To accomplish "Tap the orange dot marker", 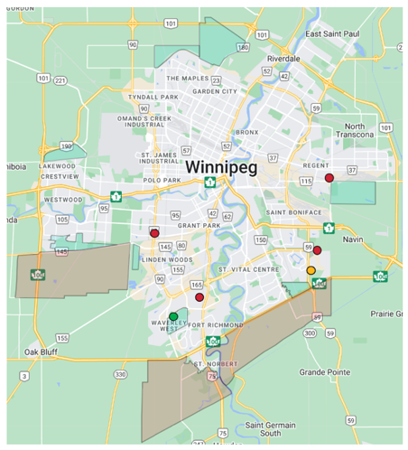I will click(311, 270).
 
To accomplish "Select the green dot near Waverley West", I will click(173, 316).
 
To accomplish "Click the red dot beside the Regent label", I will click(329, 178).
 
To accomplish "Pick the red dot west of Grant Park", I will click(154, 233).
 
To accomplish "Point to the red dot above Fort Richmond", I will click(199, 296).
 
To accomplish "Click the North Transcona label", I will click(359, 130).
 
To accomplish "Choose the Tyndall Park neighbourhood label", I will click(150, 97).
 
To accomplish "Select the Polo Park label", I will click(162, 180).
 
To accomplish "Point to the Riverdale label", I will click(283, 58).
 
